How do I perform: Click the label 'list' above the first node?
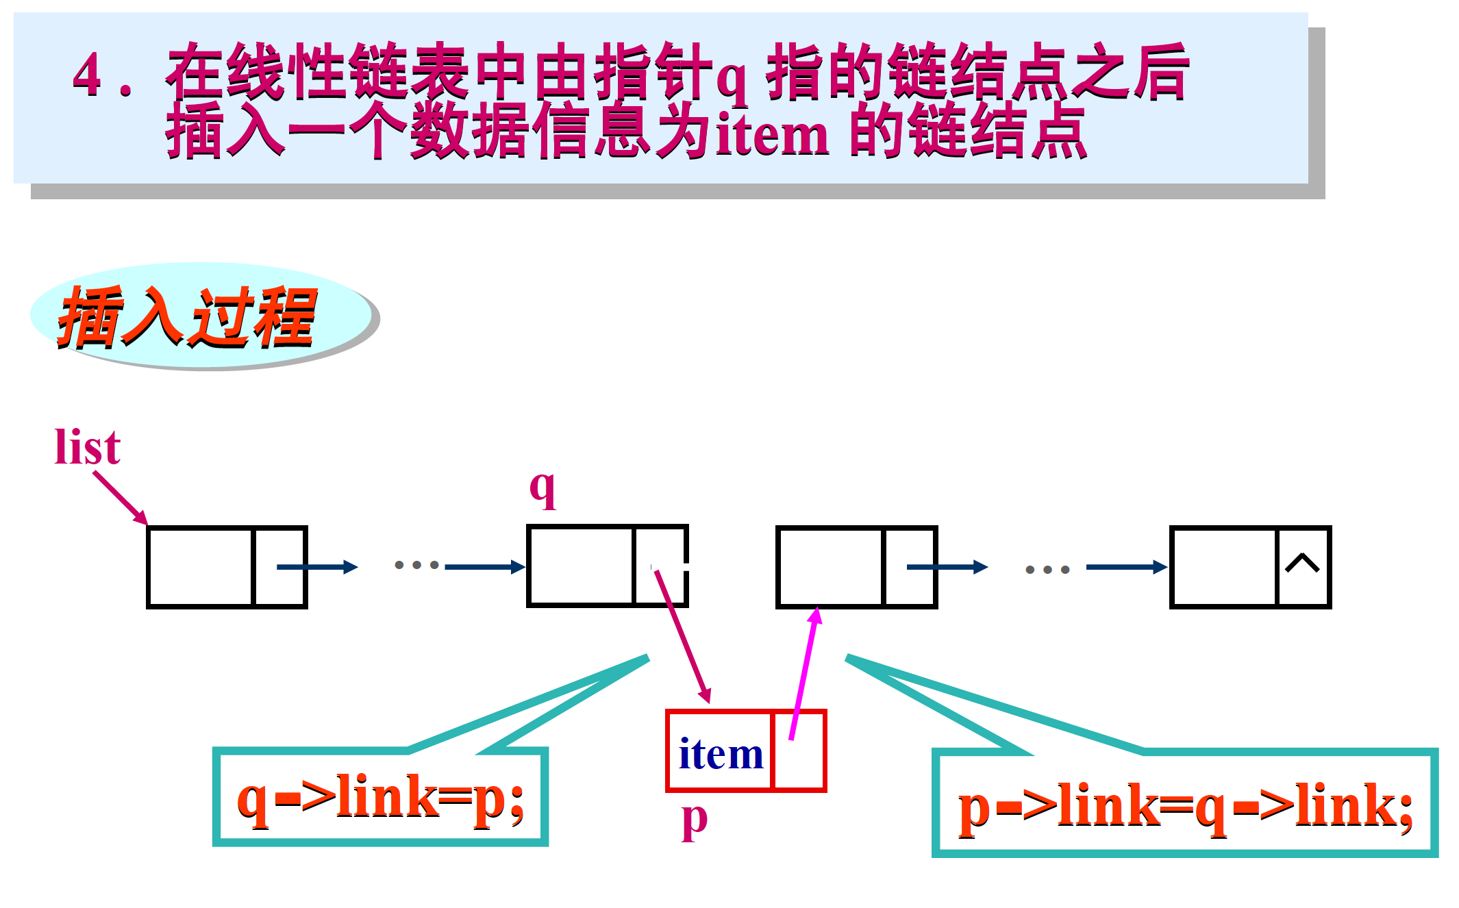(88, 446)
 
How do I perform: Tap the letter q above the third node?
(543, 488)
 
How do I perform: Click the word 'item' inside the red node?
(721, 754)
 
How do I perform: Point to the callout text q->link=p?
(381, 798)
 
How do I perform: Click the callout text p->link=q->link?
(1185, 807)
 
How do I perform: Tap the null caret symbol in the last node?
(1302, 563)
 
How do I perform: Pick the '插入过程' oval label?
(188, 316)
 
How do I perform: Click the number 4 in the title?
(88, 74)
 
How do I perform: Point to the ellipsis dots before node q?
(416, 566)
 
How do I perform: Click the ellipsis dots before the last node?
(1047, 569)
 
